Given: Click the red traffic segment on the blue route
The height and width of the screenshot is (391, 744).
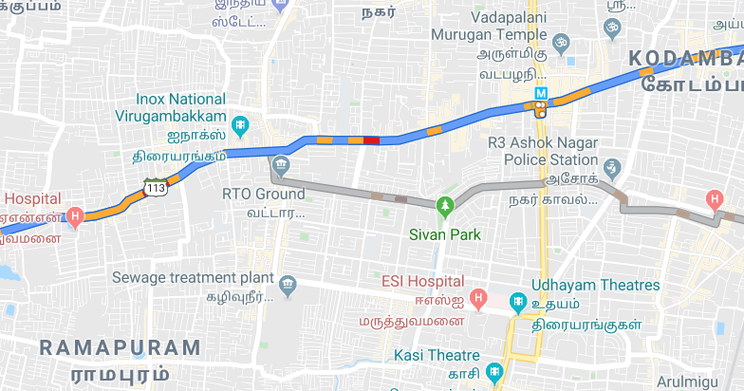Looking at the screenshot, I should [x=371, y=140].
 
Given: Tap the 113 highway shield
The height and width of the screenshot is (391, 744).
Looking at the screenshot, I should [x=156, y=187].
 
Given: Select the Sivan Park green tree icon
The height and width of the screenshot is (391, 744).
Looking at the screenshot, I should [x=444, y=205].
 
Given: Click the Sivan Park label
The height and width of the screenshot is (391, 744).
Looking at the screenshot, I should [x=444, y=233].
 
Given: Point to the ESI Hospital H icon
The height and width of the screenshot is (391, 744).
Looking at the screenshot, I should [x=480, y=300].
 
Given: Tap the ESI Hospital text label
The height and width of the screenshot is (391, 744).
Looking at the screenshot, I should [x=422, y=282].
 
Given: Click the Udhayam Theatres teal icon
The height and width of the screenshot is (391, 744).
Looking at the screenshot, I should [x=517, y=303].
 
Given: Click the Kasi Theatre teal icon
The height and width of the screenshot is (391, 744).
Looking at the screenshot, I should [x=493, y=371].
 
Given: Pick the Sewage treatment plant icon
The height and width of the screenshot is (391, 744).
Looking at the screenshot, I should [x=288, y=285].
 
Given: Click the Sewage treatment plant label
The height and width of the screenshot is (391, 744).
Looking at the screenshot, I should [x=193, y=277].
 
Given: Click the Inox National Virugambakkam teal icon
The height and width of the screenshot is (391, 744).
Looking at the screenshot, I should [x=241, y=124].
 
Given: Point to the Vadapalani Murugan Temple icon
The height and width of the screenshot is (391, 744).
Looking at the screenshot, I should [x=560, y=43].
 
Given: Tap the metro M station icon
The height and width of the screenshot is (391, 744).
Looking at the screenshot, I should [x=541, y=94].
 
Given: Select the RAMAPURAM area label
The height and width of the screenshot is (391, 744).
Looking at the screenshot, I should [x=120, y=347].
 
